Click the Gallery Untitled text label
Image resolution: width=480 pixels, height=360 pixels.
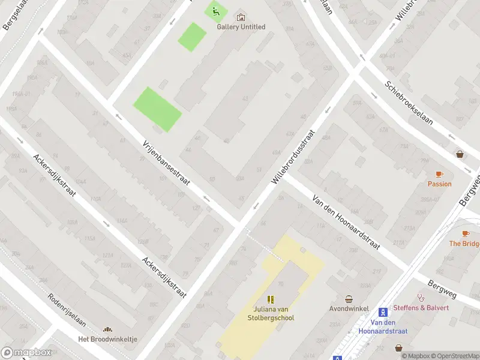point(241,27)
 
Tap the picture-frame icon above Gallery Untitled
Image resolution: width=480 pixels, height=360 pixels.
point(241,17)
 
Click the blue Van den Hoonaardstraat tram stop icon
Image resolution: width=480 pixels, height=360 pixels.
point(383,312)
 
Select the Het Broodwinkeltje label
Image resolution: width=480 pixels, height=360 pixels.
point(108,339)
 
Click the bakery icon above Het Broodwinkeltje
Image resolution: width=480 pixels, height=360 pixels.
point(108,329)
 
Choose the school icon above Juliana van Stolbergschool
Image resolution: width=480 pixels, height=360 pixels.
point(271,299)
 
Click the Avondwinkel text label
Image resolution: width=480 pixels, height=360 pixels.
point(348,308)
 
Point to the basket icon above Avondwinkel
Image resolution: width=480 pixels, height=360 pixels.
point(348,299)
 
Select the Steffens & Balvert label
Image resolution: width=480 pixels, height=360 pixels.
point(421,308)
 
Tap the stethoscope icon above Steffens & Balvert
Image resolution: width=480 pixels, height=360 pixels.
point(421,297)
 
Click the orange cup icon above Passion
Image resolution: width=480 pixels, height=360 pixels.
point(439,174)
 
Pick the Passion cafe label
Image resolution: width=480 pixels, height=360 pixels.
point(439,184)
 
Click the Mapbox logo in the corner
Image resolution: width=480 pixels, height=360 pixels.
point(26,352)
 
